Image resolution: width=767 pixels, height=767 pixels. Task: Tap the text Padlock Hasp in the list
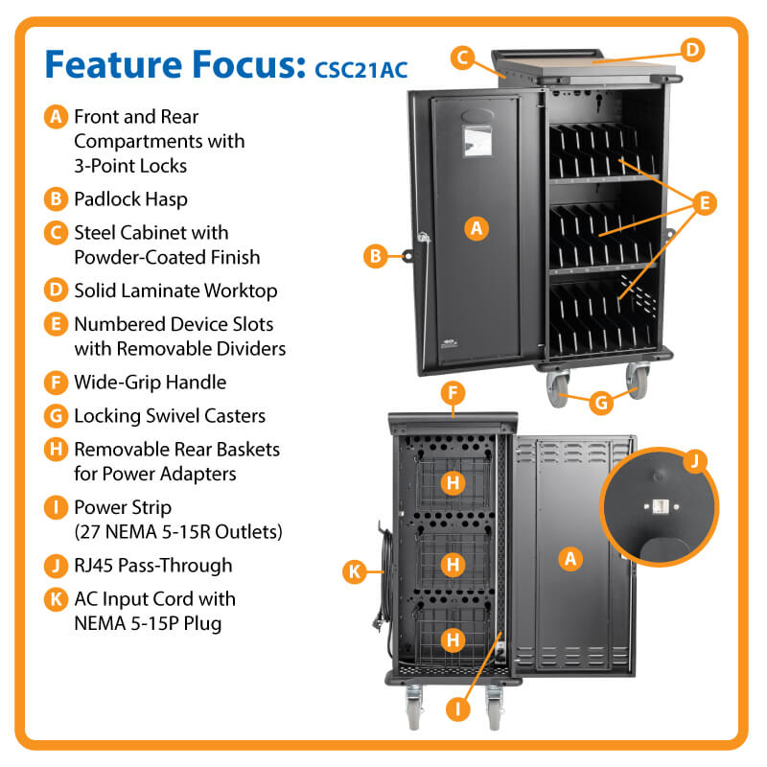coord(129,199)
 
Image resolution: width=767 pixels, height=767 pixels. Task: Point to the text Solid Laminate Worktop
coord(175,290)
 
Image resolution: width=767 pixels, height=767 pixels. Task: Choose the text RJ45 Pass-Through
coord(152,565)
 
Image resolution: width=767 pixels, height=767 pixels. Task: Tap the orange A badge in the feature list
coord(56,118)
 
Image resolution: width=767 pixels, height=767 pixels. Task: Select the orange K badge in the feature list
coord(56,599)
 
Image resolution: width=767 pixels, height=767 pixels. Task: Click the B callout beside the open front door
coord(377,255)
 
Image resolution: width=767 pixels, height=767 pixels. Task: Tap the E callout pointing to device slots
coord(704,203)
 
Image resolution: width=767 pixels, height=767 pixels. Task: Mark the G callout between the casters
coord(599,403)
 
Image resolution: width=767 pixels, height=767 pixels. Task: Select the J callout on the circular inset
coord(695,463)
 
